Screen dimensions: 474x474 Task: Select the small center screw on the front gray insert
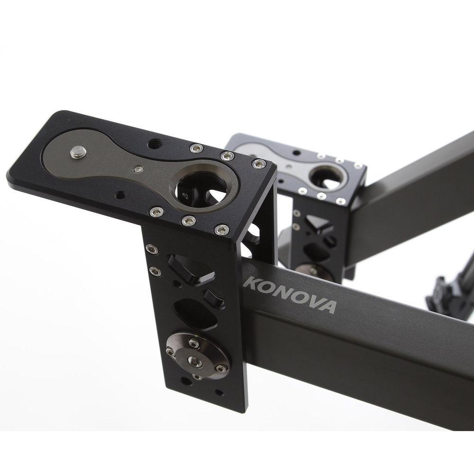click(137, 169)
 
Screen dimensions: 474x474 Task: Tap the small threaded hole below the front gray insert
click(121, 193)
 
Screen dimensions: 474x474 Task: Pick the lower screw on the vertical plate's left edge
click(152, 271)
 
